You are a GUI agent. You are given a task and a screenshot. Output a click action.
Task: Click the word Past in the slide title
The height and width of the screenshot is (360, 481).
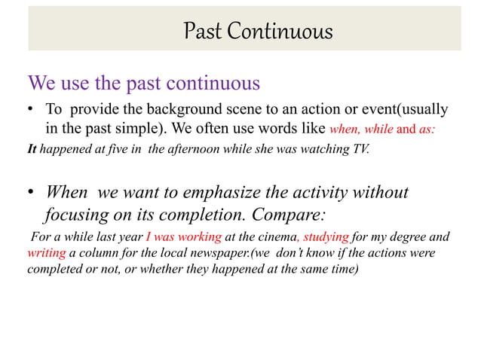pyautogui.click(x=202, y=32)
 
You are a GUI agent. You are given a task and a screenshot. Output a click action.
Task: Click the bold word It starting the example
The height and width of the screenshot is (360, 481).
pyautogui.click(x=32, y=148)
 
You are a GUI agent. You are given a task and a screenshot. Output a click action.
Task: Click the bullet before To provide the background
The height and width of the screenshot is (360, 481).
pyautogui.click(x=32, y=110)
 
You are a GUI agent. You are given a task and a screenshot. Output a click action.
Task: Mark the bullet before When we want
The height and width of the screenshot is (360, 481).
pyautogui.click(x=32, y=193)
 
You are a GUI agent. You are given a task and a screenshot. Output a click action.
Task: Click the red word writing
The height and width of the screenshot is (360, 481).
pyautogui.click(x=46, y=253)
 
